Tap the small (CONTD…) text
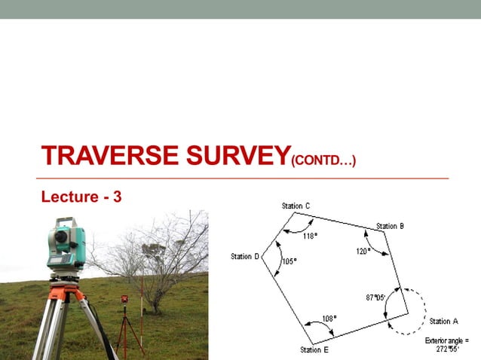(x=323, y=160)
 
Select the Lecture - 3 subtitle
(x=81, y=197)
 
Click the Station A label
(x=444, y=322)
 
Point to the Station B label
(x=391, y=226)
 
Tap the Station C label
(x=296, y=206)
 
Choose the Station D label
(x=245, y=257)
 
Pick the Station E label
(x=314, y=349)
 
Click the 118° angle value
(x=310, y=236)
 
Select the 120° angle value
(x=363, y=252)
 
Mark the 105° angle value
(x=289, y=261)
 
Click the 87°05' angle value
(x=375, y=297)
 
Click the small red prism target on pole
(x=124, y=300)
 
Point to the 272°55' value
(x=448, y=349)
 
